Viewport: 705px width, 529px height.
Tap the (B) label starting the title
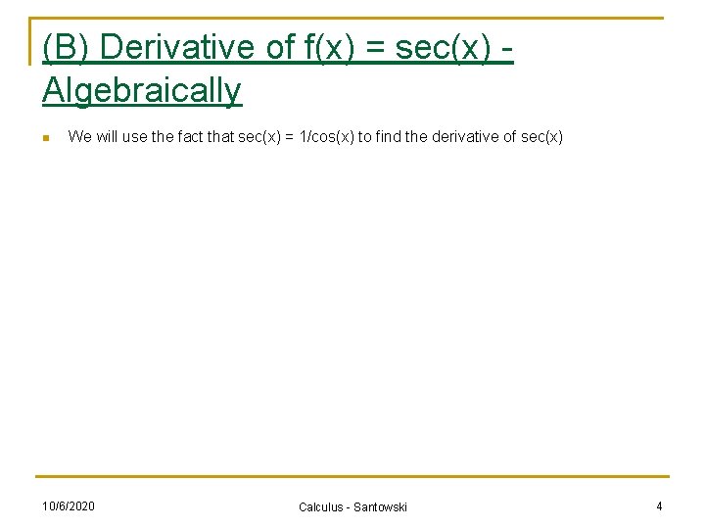67,47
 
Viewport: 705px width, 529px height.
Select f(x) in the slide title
324,47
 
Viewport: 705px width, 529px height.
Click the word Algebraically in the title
142,91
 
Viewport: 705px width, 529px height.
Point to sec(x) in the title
442,47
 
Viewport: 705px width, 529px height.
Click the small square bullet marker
46,138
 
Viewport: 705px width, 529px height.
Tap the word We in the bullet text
79,137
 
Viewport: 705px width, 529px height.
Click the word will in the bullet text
107,137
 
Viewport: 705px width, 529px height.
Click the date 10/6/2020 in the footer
69,505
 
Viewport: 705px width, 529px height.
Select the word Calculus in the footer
321,506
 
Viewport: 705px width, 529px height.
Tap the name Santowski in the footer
379,506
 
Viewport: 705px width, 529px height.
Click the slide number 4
659,505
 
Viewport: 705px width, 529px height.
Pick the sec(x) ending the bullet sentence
542,137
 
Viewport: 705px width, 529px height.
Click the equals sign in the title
376,47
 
